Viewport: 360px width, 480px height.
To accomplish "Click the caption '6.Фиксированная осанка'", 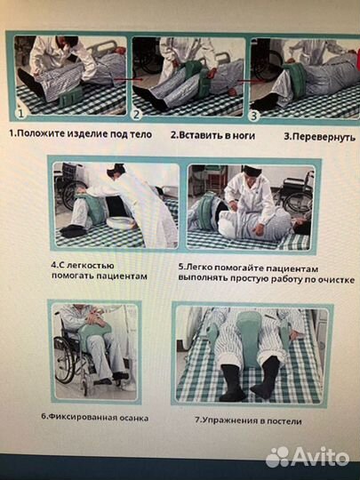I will [94, 417].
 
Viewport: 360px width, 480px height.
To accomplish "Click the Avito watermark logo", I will [308, 455].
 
